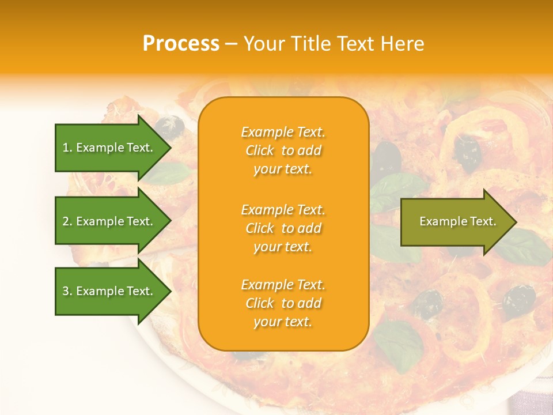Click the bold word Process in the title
181,44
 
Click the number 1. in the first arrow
67,148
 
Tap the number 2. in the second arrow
67,221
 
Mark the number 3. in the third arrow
67,291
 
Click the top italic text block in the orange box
283,150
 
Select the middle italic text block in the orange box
283,228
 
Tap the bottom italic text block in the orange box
283,303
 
